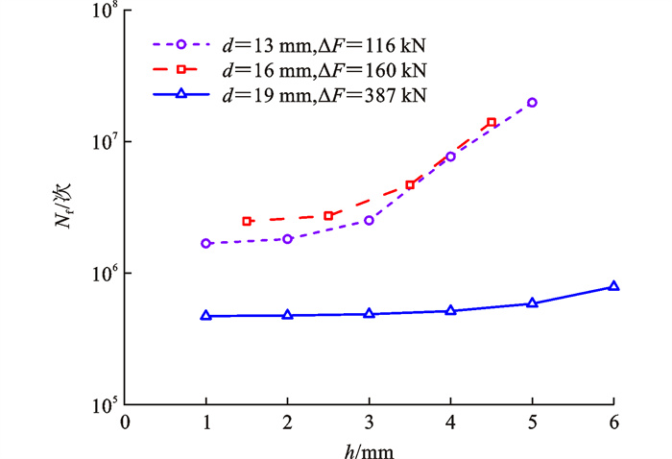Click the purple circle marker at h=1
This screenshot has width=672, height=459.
[x=205, y=244]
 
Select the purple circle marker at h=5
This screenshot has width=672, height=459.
[x=532, y=103]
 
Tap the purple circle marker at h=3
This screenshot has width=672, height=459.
[x=369, y=221]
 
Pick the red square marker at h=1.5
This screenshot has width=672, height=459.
[x=247, y=221]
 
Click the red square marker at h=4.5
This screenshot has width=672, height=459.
[x=492, y=123]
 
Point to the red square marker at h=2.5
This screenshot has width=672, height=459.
[x=328, y=216]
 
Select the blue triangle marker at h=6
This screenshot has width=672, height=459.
[x=613, y=286]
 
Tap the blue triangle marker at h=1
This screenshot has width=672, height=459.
[x=205, y=315]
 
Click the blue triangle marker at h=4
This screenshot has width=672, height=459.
[x=450, y=310]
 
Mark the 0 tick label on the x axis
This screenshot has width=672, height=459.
[x=124, y=423]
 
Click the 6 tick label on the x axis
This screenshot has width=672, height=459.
[x=613, y=423]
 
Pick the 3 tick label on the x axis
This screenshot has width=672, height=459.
[x=369, y=423]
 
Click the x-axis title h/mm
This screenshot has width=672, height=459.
[x=369, y=447]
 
